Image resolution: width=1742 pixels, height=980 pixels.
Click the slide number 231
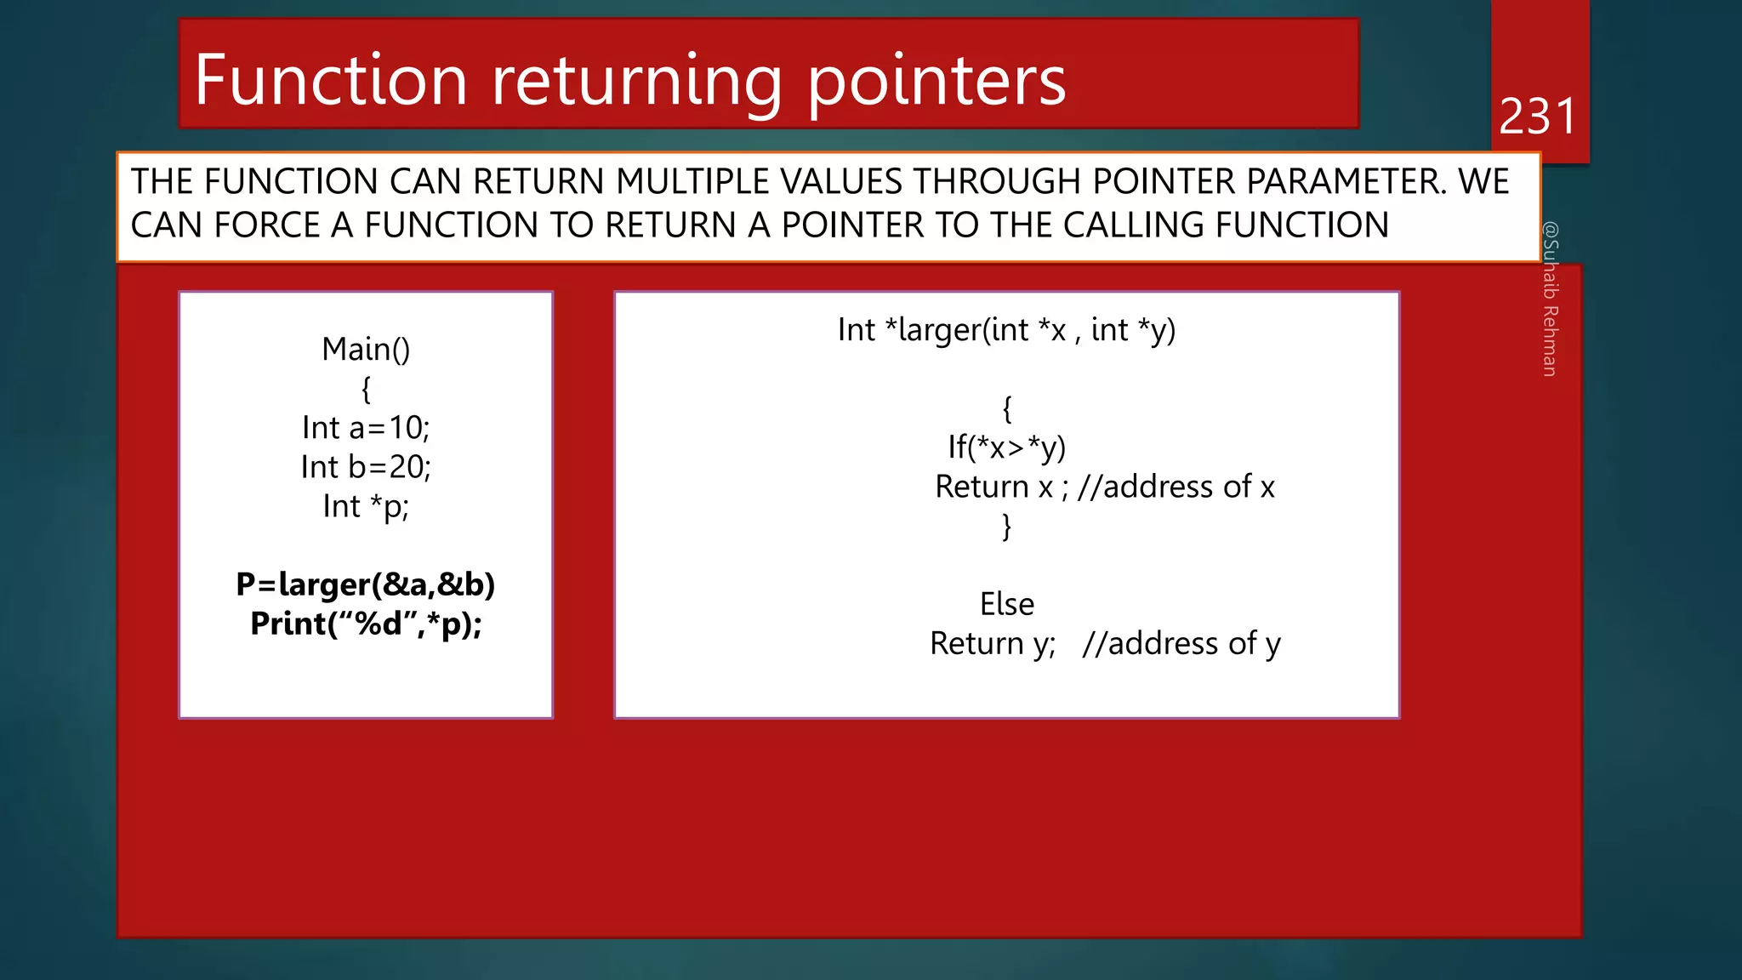point(1537,117)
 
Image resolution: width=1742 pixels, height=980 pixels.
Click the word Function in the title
point(331,80)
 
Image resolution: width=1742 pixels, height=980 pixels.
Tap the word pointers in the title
point(936,82)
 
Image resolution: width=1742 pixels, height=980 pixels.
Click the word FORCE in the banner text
point(266,225)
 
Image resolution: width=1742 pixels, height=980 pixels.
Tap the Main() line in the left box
point(366,349)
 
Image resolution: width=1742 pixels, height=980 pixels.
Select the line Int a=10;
point(366,428)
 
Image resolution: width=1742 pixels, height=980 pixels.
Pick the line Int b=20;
point(366,467)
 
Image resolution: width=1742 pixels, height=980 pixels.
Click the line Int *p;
point(366,507)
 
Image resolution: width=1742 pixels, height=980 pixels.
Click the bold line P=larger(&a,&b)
point(366,584)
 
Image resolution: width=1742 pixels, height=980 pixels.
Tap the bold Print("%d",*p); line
point(366,624)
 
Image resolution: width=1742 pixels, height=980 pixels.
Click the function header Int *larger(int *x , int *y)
point(1006,330)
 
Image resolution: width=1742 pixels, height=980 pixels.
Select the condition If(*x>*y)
point(1006,447)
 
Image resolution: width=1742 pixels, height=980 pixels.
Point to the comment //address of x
point(1176,487)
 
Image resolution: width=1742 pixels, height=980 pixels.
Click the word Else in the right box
point(1006,604)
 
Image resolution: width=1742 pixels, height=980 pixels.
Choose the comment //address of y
point(1181,644)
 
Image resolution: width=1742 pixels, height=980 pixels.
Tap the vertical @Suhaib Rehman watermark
point(1550,299)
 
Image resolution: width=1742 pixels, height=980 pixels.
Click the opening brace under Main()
point(366,390)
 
